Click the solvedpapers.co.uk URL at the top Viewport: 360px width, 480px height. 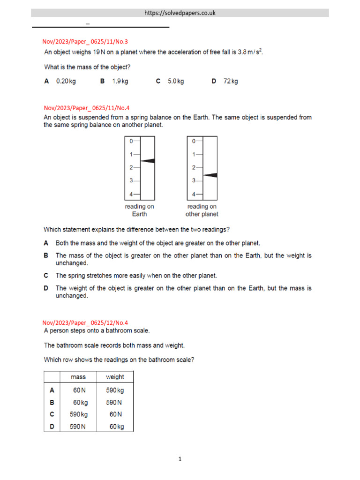point(180,13)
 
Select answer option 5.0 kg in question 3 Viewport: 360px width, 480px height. point(175,81)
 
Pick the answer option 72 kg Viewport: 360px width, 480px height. point(230,81)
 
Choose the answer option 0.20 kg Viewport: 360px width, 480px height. point(66,81)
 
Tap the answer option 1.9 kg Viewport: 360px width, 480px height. point(120,81)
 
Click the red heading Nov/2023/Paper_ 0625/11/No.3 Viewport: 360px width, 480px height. point(85,42)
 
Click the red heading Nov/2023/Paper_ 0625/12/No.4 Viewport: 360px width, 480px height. point(85,322)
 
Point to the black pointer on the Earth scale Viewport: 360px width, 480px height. point(148,161)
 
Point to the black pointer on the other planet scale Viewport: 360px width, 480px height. point(210,175)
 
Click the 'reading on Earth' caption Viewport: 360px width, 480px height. point(139,210)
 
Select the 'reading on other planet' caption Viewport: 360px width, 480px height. point(202,210)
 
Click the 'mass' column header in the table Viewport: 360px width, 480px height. point(78,377)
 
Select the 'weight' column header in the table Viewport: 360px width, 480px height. point(115,377)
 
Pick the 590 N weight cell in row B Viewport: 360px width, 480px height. point(115,402)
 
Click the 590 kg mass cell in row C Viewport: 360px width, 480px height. point(78,414)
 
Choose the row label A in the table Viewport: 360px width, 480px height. point(52,390)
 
